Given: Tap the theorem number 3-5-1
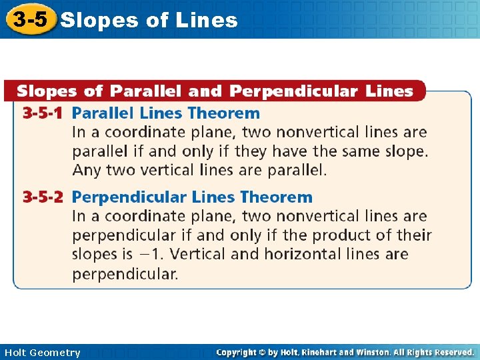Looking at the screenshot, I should (43, 113).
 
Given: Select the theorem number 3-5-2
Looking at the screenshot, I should (43, 197).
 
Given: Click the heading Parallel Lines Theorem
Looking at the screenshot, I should (165, 113).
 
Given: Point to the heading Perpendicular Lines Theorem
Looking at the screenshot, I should (192, 197).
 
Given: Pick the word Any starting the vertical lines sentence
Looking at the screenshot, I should (86, 170).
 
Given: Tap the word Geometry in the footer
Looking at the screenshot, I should (56, 353).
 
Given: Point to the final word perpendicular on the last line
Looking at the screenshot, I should (125, 273).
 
